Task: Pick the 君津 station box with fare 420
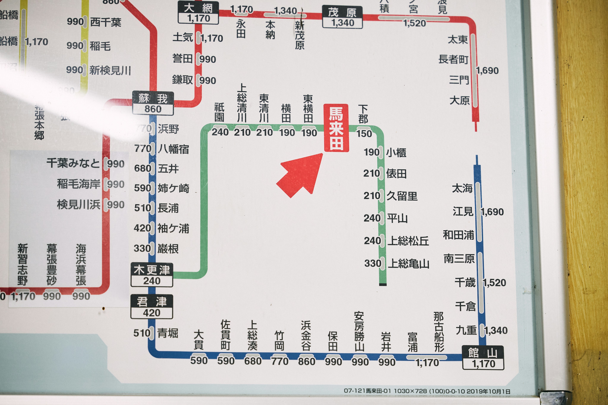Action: point(152,307)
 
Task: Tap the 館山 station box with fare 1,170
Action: point(483,358)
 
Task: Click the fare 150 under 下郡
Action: point(364,133)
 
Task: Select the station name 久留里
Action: point(402,196)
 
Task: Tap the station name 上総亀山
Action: point(408,264)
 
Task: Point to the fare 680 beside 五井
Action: point(142,168)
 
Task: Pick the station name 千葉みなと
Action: point(73,163)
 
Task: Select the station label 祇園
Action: point(219,113)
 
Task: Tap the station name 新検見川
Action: point(110,70)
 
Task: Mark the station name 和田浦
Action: point(458,235)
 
